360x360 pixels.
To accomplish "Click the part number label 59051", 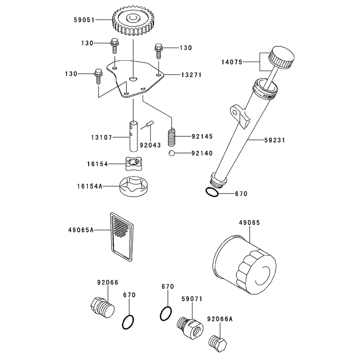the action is click(84, 20).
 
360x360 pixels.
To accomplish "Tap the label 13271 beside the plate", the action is click(191, 75).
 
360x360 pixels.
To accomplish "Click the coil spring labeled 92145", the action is click(172, 138).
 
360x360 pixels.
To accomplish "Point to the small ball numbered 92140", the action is click(171, 153).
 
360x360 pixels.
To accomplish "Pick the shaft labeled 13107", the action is click(134, 136).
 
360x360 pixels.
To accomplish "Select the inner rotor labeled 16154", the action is click(134, 163).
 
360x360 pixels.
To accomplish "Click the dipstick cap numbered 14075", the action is click(282, 58).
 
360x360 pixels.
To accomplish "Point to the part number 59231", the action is click(274, 140).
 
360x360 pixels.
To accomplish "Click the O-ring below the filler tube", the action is click(212, 192).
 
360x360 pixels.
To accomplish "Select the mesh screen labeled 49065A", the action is click(121, 237).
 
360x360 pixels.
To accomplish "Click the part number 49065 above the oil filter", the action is click(249, 223).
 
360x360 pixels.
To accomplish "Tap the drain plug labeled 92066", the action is click(102, 308).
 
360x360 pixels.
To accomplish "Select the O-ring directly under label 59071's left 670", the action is click(166, 314).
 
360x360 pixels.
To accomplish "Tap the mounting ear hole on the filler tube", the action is click(234, 112).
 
